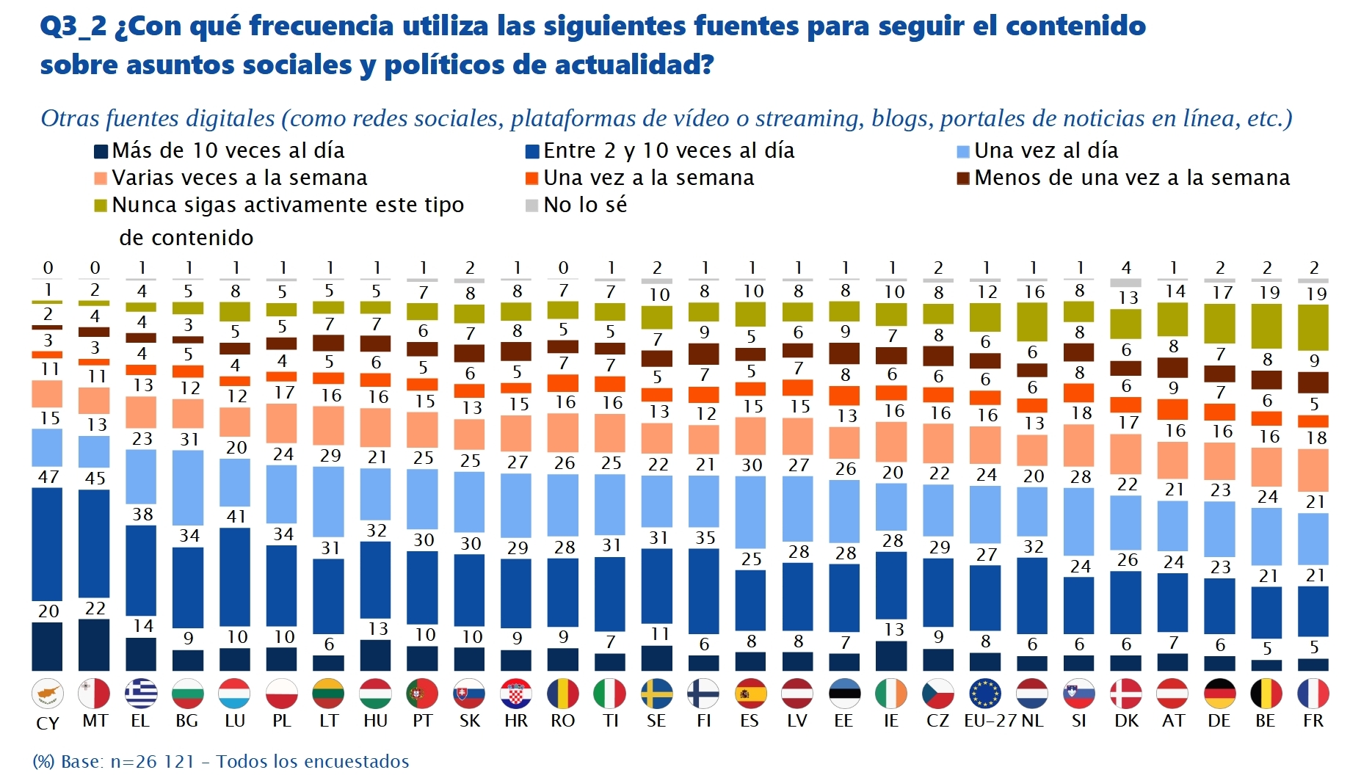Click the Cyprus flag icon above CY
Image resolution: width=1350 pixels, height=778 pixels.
click(48, 694)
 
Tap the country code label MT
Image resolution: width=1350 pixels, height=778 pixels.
click(95, 721)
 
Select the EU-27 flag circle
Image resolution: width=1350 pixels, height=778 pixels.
click(985, 694)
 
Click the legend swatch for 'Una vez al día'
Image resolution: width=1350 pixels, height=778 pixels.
click(963, 152)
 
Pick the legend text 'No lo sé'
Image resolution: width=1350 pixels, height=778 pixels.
click(585, 206)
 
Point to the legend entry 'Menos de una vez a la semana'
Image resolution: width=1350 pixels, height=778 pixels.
click(1131, 178)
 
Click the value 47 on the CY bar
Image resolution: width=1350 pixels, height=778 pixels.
click(48, 477)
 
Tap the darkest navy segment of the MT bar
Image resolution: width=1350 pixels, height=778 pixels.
click(94, 645)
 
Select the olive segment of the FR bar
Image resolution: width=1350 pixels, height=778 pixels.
click(1313, 327)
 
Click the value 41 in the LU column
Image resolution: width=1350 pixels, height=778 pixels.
click(236, 516)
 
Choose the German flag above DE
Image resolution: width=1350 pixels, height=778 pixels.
click(1220, 694)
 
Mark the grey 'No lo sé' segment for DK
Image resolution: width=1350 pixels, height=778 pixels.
click(1126, 283)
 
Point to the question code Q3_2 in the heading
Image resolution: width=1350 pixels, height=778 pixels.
click(73, 26)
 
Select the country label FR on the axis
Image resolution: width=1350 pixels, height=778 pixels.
click(1313, 721)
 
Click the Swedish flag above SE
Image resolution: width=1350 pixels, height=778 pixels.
click(656, 694)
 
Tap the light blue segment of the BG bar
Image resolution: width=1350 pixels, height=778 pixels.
click(188, 487)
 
